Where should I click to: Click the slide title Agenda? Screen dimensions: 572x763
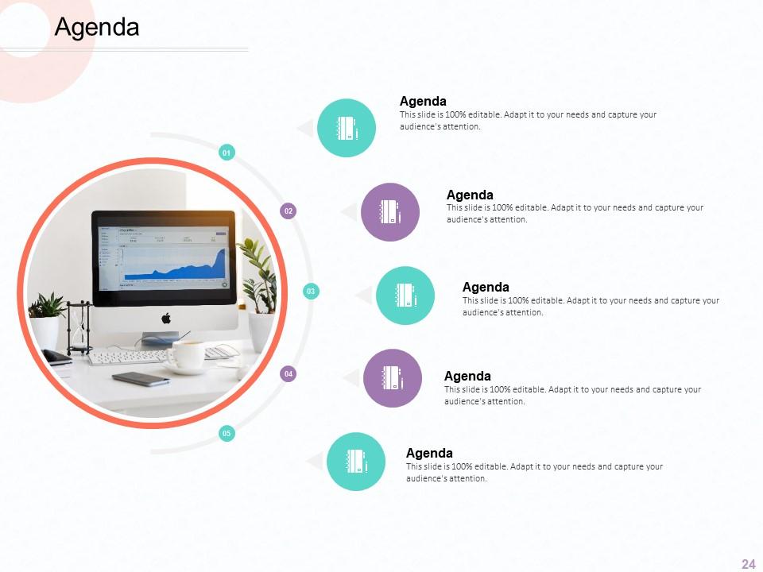pyautogui.click(x=97, y=28)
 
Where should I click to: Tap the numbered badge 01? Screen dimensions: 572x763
pyautogui.click(x=227, y=152)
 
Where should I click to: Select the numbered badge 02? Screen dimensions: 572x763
pyautogui.click(x=289, y=211)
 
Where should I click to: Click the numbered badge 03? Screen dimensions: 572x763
pyautogui.click(x=311, y=292)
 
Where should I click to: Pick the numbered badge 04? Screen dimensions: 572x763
pyautogui.click(x=289, y=373)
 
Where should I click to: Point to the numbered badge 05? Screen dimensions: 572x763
pyautogui.click(x=227, y=433)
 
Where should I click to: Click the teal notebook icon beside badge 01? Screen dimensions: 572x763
pyautogui.click(x=347, y=128)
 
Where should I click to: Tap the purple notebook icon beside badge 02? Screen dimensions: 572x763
pyautogui.click(x=390, y=212)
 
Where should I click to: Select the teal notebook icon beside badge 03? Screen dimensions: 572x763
pyautogui.click(x=405, y=296)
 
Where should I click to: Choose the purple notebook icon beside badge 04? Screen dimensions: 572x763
pyautogui.click(x=393, y=378)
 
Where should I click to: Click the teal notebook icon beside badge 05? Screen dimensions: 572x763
pyautogui.click(x=356, y=462)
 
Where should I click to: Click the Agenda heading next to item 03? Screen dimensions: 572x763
pyautogui.click(x=486, y=287)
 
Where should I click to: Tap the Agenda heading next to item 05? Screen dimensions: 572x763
pyautogui.click(x=429, y=454)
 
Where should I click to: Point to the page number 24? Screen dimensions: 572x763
pyautogui.click(x=748, y=564)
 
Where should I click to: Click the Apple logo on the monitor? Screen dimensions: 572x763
pyautogui.click(x=166, y=319)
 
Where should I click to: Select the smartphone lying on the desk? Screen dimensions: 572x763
pyautogui.click(x=141, y=378)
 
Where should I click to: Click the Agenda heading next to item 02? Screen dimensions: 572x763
pyautogui.click(x=470, y=195)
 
